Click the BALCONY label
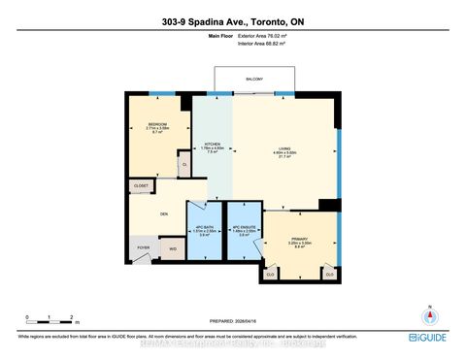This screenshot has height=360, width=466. [x=254, y=80]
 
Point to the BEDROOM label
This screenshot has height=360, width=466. [x=156, y=124]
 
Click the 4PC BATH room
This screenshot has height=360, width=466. [x=204, y=231]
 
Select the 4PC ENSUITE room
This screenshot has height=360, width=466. [x=244, y=231]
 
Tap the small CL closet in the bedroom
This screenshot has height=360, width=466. [x=184, y=165]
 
